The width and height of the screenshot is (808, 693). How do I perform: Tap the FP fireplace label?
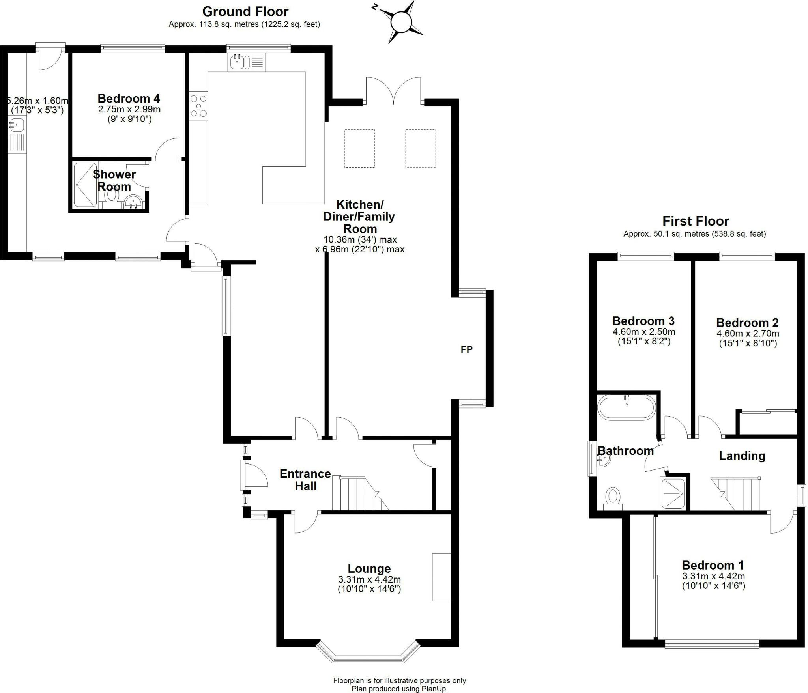pyautogui.click(x=466, y=349)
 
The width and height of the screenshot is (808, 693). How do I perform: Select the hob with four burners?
pyautogui.click(x=198, y=106)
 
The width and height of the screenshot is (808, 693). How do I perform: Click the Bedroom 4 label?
pyautogui.click(x=129, y=98)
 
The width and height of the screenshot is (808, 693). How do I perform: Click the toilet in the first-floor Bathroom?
pyautogui.click(x=612, y=497)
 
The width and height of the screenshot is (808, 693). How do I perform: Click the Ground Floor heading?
pyautogui.click(x=245, y=11)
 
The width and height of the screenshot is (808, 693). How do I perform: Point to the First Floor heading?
pyautogui.click(x=696, y=220)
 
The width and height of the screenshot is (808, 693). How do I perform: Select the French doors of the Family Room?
pyautogui.click(x=393, y=91)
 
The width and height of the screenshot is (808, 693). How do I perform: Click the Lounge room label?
pyautogui.click(x=369, y=568)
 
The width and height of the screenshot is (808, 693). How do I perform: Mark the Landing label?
pyautogui.click(x=742, y=456)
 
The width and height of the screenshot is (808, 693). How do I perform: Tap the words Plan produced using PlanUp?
pyautogui.click(x=399, y=689)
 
